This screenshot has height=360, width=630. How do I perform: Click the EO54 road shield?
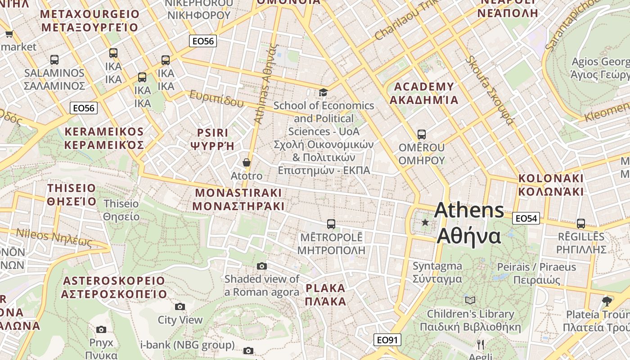pyautogui.click(x=526, y=218)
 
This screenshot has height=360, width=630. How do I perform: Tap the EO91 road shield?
pyautogui.click(x=387, y=340)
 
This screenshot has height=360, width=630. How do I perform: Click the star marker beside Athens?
pyautogui.click(x=425, y=222)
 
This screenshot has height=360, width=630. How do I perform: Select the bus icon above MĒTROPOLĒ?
pyautogui.click(x=331, y=224)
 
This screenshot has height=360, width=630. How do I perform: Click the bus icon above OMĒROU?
pyautogui.click(x=421, y=134)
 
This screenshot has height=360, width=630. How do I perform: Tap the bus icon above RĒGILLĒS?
pyautogui.click(x=580, y=223)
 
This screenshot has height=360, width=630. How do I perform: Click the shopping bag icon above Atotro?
pyautogui.click(x=246, y=162)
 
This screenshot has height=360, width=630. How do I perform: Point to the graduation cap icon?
pyautogui.click(x=323, y=93)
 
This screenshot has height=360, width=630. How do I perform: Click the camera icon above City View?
pyautogui.click(x=180, y=306)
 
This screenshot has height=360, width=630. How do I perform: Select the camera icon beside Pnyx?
pyautogui.click(x=101, y=329)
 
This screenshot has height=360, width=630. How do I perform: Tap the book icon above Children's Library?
pyautogui.click(x=470, y=300)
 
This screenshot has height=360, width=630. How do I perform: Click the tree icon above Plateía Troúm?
pyautogui.click(x=607, y=301)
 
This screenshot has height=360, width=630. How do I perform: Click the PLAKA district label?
pyautogui.click(x=325, y=294)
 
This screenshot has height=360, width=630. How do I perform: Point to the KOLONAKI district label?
pyautogui.click(x=551, y=184)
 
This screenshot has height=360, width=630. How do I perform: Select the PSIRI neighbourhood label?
pyautogui.click(x=213, y=139)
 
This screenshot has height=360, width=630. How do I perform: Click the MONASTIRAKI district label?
pyautogui.click(x=238, y=199)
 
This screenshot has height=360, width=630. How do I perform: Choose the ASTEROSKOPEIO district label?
pyautogui.click(x=114, y=288)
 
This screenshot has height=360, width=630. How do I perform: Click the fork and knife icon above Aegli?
pyautogui.click(x=481, y=345)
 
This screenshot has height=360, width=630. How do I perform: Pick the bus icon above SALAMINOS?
pyautogui.click(x=54, y=59)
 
